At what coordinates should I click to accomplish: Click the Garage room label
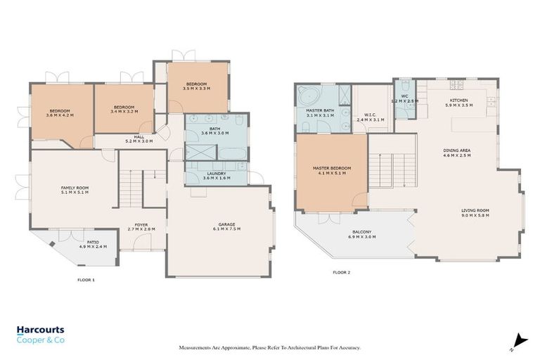tap(226, 225)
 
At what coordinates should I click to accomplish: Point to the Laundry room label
tap(216, 173)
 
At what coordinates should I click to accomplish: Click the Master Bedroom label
tap(331, 168)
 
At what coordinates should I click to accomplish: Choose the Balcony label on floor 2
tap(361, 232)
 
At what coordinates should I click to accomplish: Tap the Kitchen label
tap(458, 101)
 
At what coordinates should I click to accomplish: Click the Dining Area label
tap(456, 150)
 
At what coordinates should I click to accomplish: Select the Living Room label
tap(475, 210)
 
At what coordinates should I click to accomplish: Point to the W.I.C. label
tap(372, 115)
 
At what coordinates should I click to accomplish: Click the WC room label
tap(404, 96)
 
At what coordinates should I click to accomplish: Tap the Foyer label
tap(141, 225)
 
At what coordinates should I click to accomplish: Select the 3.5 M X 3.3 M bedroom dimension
tap(196, 89)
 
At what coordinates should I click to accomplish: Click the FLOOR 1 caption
tap(86, 280)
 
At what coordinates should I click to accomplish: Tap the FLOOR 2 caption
tap(342, 272)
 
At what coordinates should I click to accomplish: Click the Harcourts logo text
tap(41, 330)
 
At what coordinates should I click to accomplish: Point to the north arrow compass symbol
tap(517, 340)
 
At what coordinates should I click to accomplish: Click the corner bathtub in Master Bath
tap(307, 96)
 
